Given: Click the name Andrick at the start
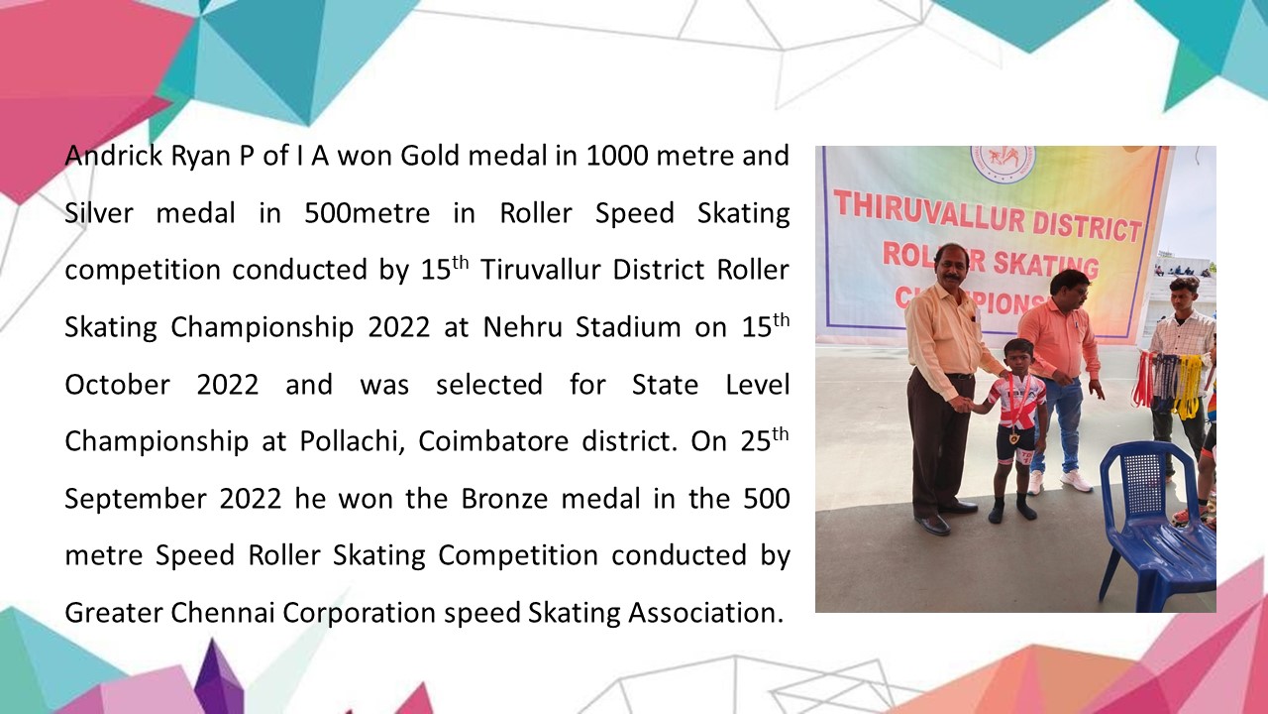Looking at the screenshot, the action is tap(114, 156).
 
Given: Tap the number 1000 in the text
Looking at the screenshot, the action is tap(616, 157).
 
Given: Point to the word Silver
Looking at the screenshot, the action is tap(99, 213).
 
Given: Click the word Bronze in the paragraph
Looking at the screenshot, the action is tap(504, 499).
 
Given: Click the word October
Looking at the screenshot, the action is tap(117, 385).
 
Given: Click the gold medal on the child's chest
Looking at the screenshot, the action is tap(1012, 437).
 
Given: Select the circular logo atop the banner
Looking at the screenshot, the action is tap(1003, 160).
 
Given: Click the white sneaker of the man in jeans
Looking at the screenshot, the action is tap(1075, 481).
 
